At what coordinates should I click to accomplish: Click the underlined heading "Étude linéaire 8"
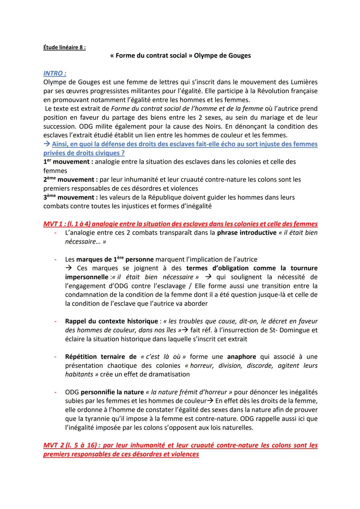coord(64,47)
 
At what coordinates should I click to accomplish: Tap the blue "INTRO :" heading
coord(55,73)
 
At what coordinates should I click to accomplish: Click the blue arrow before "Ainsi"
coord(47,144)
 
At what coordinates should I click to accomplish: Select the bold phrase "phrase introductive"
coord(246,233)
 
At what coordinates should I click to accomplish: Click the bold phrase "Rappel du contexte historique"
coord(111,321)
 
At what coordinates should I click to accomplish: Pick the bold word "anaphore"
coord(241,357)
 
